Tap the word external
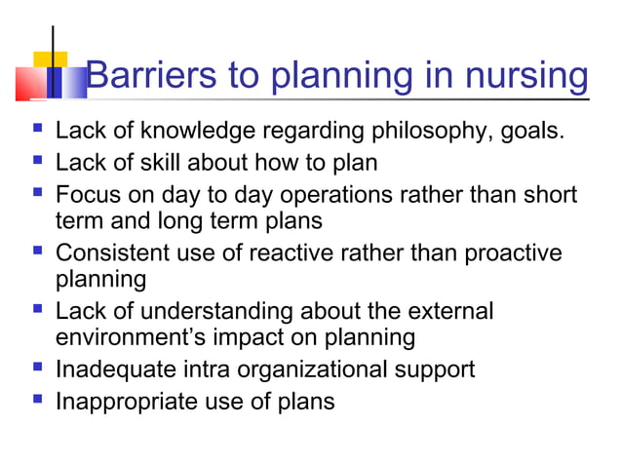pos(449,312)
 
